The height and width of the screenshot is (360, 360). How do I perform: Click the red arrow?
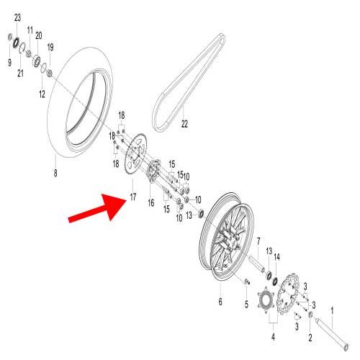pos(98,208)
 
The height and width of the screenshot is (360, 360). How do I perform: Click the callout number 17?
pos(133,197)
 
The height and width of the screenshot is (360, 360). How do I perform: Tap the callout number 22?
pos(184,124)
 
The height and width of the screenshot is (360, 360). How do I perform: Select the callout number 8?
pos(55,173)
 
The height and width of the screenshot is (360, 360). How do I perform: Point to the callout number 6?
pos(220,302)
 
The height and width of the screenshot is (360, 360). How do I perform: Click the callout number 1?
pos(333,311)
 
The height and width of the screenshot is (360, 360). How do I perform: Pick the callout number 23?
pos(17,17)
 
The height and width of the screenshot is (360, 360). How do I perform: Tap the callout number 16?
pos(151,203)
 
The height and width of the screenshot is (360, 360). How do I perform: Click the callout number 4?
pos(273,337)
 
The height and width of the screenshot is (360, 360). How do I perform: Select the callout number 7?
pos(258,241)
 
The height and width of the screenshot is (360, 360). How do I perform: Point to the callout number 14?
pos(276,257)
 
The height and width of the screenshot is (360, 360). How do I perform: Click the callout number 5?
pos(246,305)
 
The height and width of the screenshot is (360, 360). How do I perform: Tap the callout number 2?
pos(310,338)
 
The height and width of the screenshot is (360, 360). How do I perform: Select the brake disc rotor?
pos(288,293)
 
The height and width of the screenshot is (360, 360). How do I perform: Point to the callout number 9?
pos(9,63)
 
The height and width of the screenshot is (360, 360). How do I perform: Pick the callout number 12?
pos(42,94)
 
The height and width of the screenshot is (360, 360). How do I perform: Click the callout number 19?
pos(50,48)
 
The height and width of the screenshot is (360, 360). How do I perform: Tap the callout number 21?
pos(21,73)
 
